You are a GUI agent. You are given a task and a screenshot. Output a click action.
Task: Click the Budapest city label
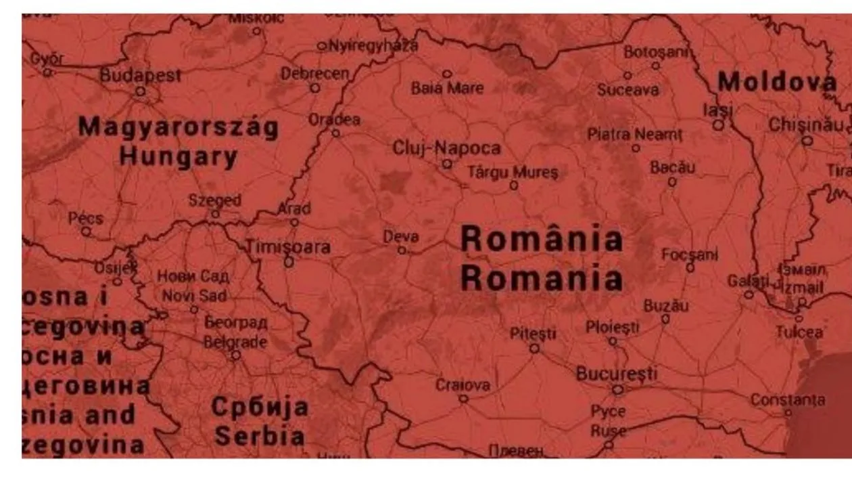click(141, 75)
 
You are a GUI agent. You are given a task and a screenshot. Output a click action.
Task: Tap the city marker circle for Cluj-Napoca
click(447, 164)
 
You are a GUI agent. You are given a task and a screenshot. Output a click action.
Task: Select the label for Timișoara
click(288, 247)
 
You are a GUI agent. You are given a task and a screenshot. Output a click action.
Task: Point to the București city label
click(616, 373)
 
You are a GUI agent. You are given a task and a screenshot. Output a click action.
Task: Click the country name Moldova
click(777, 83)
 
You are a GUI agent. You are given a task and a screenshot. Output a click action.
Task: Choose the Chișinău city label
click(807, 125)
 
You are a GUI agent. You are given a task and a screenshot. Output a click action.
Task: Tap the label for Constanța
click(788, 399)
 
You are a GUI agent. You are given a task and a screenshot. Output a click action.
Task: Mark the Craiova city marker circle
click(463, 399)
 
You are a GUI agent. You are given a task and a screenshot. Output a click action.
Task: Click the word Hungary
click(179, 156)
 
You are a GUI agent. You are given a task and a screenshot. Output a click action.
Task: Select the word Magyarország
click(179, 127)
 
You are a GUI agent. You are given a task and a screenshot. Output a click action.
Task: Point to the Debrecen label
click(315, 72)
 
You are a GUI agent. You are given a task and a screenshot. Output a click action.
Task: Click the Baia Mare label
click(447, 88)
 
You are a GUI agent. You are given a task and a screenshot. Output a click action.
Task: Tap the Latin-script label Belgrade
click(235, 342)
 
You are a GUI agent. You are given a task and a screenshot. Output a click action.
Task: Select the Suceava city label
click(628, 90)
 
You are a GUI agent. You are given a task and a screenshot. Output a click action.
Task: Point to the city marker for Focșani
click(690, 267)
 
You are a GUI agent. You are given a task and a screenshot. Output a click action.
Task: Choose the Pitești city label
click(533, 333)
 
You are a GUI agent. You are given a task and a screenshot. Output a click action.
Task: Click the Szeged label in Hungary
click(214, 200)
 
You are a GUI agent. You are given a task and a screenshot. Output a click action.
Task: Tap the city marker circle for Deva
click(402, 250)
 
